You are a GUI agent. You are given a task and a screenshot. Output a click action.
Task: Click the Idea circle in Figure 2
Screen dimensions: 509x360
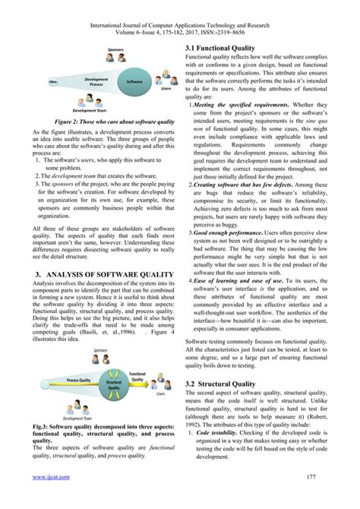coord(52,81)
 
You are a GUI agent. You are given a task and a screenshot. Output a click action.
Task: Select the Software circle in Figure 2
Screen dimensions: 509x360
coord(134,81)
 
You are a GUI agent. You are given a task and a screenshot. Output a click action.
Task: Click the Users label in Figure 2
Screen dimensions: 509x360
coord(166,89)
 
